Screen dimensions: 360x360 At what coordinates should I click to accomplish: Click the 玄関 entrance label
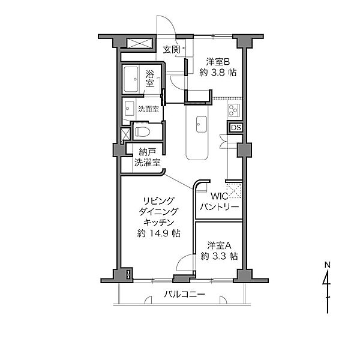(x=171, y=50)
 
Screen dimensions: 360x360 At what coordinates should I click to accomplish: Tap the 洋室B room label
(x=218, y=62)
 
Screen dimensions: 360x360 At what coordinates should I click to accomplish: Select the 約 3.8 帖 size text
(x=218, y=73)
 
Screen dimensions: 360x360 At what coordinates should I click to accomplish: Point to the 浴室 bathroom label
(x=149, y=79)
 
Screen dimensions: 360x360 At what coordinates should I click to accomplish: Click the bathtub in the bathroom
(x=131, y=79)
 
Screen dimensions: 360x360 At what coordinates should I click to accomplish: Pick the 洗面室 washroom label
(x=148, y=109)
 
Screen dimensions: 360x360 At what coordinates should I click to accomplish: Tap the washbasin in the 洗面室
(x=129, y=109)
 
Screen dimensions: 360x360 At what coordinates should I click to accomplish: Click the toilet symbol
(x=142, y=132)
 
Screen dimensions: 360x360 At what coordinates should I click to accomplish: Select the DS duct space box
(x=236, y=128)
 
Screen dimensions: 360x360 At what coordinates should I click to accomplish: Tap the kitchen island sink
(x=202, y=124)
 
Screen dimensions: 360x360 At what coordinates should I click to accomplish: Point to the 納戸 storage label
(x=148, y=152)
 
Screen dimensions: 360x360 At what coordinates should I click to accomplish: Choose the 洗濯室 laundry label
(x=148, y=163)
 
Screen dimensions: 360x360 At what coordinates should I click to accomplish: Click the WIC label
(x=220, y=196)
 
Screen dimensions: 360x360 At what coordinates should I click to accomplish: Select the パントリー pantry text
(x=220, y=207)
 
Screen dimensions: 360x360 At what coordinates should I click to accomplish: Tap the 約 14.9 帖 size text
(x=158, y=233)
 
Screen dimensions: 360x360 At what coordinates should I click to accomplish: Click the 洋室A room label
(x=219, y=245)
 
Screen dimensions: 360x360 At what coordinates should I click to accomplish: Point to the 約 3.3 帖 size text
(x=219, y=256)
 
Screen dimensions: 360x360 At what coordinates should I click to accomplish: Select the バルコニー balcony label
(x=184, y=295)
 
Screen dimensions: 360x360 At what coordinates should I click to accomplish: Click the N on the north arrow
(x=328, y=265)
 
